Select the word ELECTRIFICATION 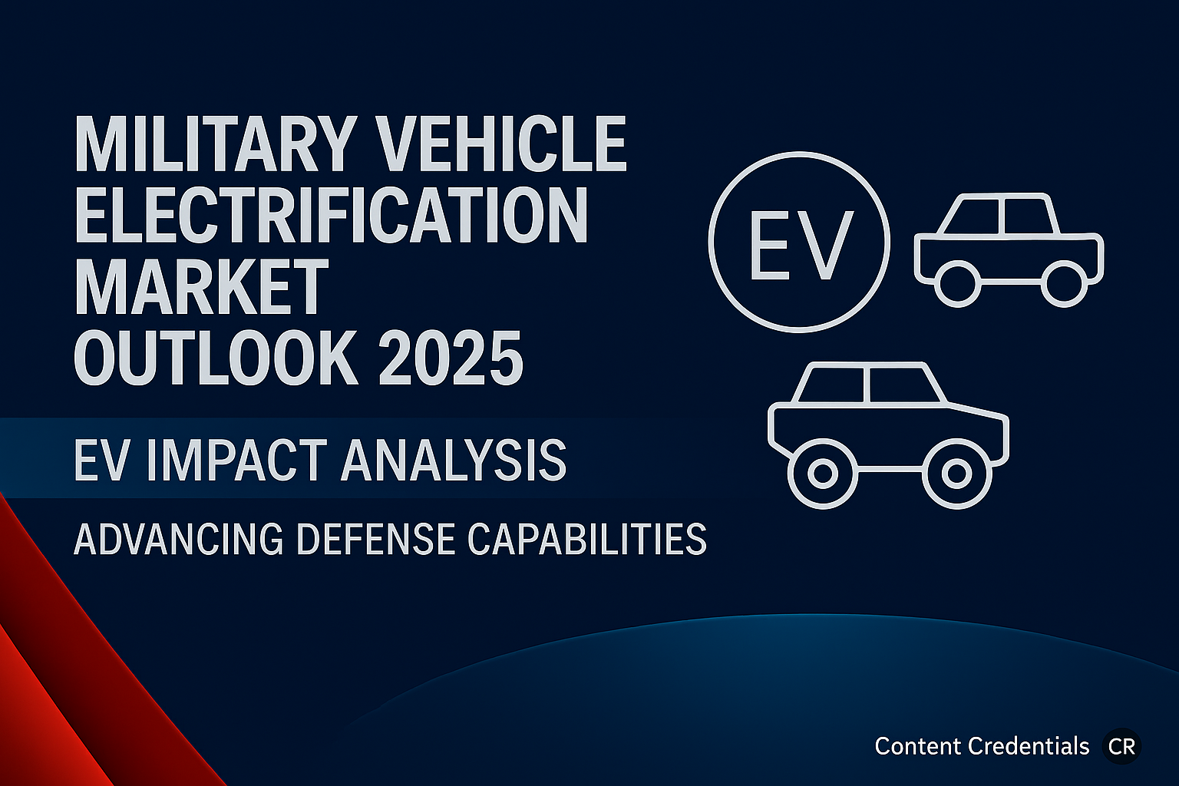[x=331, y=216]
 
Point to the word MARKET [x=202, y=287]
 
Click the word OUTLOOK [x=216, y=358]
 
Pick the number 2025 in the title [x=451, y=358]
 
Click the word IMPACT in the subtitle [x=237, y=461]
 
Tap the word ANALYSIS [x=454, y=461]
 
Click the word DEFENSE [x=376, y=539]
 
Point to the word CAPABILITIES [x=587, y=539]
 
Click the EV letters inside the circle [x=801, y=245]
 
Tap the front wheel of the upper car [x=1065, y=284]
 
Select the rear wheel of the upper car [x=957, y=284]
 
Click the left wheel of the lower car [x=823, y=474]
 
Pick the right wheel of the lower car [x=956, y=474]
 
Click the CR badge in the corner [x=1121, y=747]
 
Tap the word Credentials [x=1029, y=747]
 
